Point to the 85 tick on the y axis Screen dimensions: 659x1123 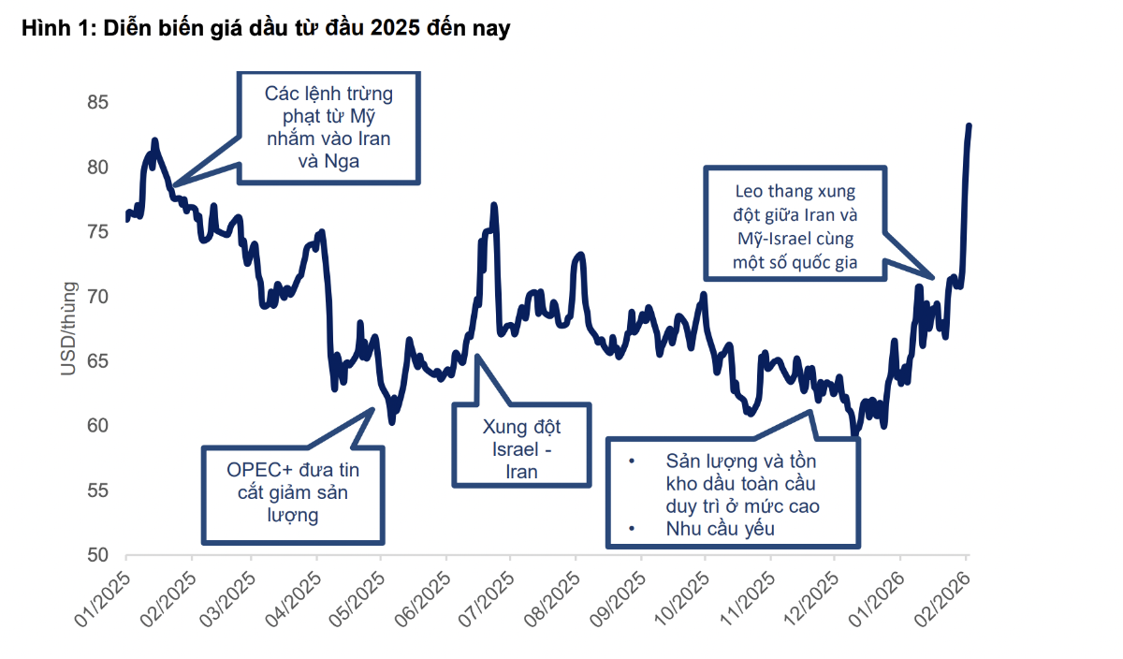click(x=98, y=102)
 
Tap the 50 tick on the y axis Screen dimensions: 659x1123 click(x=98, y=555)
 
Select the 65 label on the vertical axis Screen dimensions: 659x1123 click(x=98, y=361)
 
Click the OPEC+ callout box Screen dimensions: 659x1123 click(x=293, y=493)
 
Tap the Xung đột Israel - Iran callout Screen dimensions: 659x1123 click(x=521, y=445)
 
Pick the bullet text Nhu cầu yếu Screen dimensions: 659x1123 click(x=721, y=528)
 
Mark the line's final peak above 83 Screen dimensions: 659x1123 click(x=969, y=125)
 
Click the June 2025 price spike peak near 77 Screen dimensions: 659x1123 click(x=493, y=206)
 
